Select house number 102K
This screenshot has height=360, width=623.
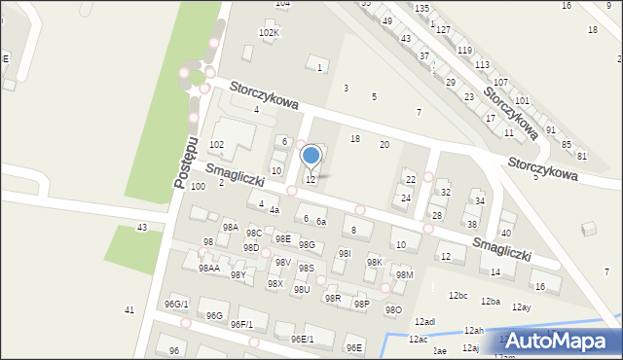(269, 33)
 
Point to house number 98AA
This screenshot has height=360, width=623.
(209, 268)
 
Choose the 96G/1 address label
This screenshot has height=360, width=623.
(176, 305)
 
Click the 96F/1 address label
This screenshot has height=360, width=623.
(241, 324)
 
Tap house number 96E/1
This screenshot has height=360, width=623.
(302, 340)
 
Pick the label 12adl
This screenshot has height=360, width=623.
(424, 321)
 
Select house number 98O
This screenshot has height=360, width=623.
(393, 309)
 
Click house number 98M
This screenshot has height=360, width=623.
(404, 275)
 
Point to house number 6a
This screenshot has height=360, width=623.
(321, 223)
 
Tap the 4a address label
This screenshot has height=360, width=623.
(275, 210)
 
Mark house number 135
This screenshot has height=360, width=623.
(421, 8)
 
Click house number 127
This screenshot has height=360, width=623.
(443, 30)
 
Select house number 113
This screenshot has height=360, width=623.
(482, 64)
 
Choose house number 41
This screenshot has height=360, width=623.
(128, 309)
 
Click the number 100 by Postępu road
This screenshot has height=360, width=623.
(198, 186)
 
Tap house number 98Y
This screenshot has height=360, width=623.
(238, 275)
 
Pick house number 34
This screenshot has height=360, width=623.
(480, 201)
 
